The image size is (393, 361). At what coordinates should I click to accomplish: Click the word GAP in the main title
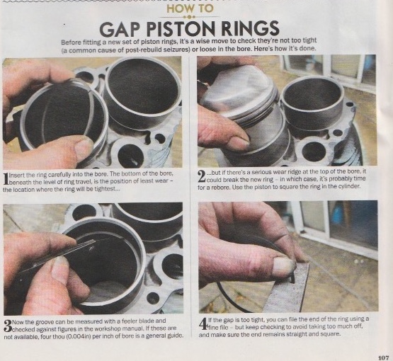119,29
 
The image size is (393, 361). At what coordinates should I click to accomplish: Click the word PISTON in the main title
181,28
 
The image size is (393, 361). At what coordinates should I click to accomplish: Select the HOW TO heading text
190,8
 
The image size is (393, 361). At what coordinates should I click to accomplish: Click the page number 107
384,357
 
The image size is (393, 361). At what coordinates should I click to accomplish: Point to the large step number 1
6,179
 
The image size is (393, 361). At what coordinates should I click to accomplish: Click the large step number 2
202,177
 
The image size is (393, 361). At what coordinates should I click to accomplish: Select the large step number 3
8,326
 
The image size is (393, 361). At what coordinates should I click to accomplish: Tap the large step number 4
203,324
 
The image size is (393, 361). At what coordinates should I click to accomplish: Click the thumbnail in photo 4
282,266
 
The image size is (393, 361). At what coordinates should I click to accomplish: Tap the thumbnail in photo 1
84,149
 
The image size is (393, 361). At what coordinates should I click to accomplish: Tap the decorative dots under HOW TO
189,17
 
